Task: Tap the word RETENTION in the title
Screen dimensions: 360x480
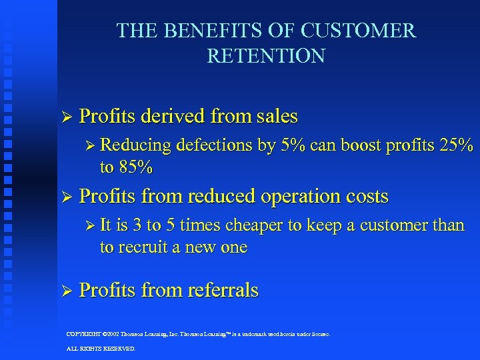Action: [266, 56]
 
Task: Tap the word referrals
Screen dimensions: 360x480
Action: [223, 291]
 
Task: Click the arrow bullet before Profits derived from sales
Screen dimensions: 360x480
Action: [65, 117]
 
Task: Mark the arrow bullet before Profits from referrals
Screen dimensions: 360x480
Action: [65, 291]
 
